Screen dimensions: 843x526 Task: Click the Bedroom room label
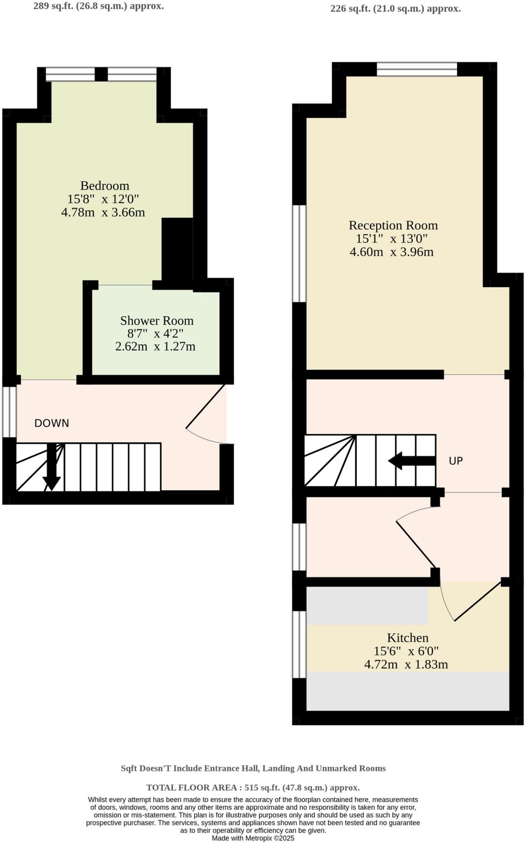point(105,186)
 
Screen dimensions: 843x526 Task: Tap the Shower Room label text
point(156,321)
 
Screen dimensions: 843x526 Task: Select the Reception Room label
point(393,225)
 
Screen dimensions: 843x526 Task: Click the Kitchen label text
point(407,638)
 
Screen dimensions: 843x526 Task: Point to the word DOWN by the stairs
point(51,423)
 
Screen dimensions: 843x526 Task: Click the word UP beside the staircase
point(456,461)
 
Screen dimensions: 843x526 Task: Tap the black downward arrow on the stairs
point(52,469)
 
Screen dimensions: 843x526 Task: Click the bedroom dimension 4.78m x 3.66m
point(103,212)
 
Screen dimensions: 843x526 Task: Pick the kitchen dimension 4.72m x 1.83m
point(406,664)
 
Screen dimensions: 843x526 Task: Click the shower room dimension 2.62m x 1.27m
point(155,347)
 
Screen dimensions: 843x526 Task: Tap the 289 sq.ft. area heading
point(98,6)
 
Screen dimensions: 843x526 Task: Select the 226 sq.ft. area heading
point(395,9)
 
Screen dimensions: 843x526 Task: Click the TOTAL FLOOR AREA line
point(253,787)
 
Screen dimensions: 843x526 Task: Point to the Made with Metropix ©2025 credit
point(253,838)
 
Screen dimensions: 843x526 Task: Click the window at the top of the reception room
point(417,69)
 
